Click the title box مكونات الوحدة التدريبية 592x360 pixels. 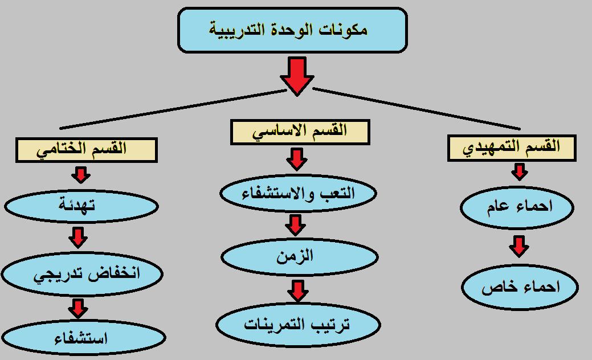[x=292, y=30]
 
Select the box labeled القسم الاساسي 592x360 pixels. [x=300, y=132]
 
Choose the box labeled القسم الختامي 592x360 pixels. [x=87, y=150]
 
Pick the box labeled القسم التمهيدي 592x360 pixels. [x=512, y=148]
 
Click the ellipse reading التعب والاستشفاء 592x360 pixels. [x=298, y=193]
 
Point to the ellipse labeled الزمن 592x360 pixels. [x=299, y=257]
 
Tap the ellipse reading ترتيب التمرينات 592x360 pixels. [x=298, y=325]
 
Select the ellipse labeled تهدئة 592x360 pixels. [x=81, y=206]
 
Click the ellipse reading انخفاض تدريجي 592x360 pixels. [x=82, y=274]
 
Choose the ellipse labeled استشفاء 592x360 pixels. [x=83, y=338]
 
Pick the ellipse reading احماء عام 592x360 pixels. [x=517, y=207]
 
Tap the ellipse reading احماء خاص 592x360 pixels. [x=520, y=287]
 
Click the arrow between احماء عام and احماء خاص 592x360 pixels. [x=519, y=247]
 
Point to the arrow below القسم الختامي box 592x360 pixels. [x=81, y=175]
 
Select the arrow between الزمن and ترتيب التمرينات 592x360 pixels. [x=298, y=291]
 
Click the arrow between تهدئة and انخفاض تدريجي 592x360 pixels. [x=78, y=238]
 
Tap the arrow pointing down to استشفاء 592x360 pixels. [x=78, y=309]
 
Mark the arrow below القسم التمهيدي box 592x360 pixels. [x=520, y=171]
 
